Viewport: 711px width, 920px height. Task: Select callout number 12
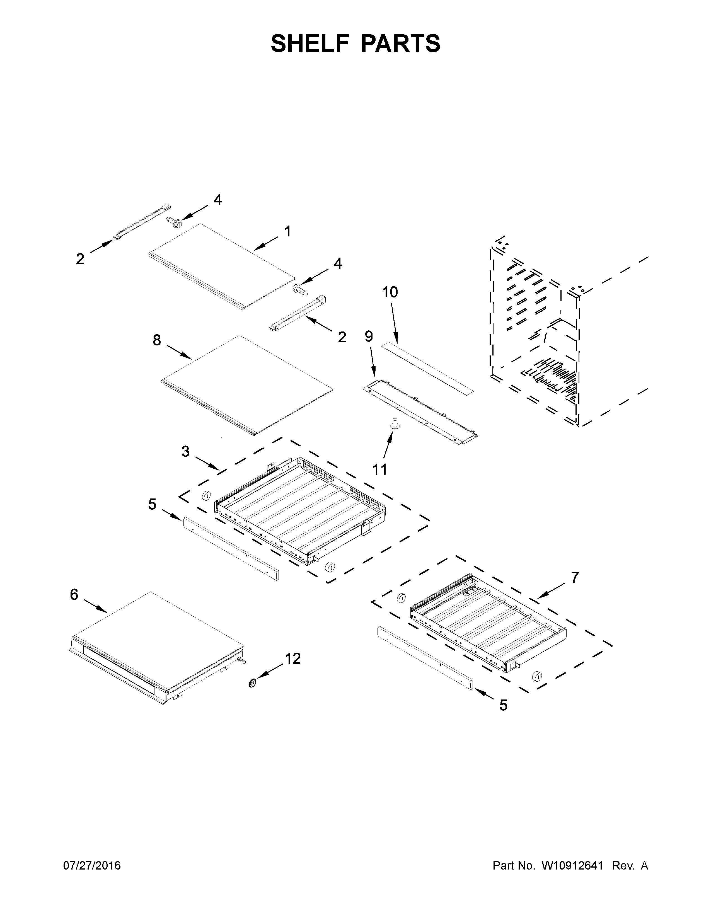pyautogui.click(x=293, y=658)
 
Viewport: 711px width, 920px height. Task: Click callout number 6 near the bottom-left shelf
pyautogui.click(x=74, y=594)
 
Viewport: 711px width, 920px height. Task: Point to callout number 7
pyautogui.click(x=575, y=577)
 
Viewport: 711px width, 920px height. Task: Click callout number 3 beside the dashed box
pyautogui.click(x=186, y=452)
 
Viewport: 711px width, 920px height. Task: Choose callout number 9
pyautogui.click(x=369, y=336)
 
